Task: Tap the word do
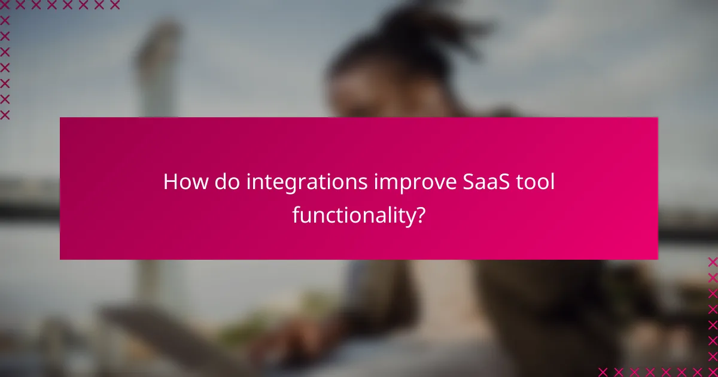pos(223,183)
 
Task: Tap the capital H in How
pos(169,183)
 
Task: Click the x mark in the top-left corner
pos(5,5)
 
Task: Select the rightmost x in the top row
pos(114,5)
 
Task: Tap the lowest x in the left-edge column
pos(5,114)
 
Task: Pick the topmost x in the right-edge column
pos(713,262)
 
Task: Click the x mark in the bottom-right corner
pos(713,372)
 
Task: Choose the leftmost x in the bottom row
pos(603,372)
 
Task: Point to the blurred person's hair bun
pos(413,30)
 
